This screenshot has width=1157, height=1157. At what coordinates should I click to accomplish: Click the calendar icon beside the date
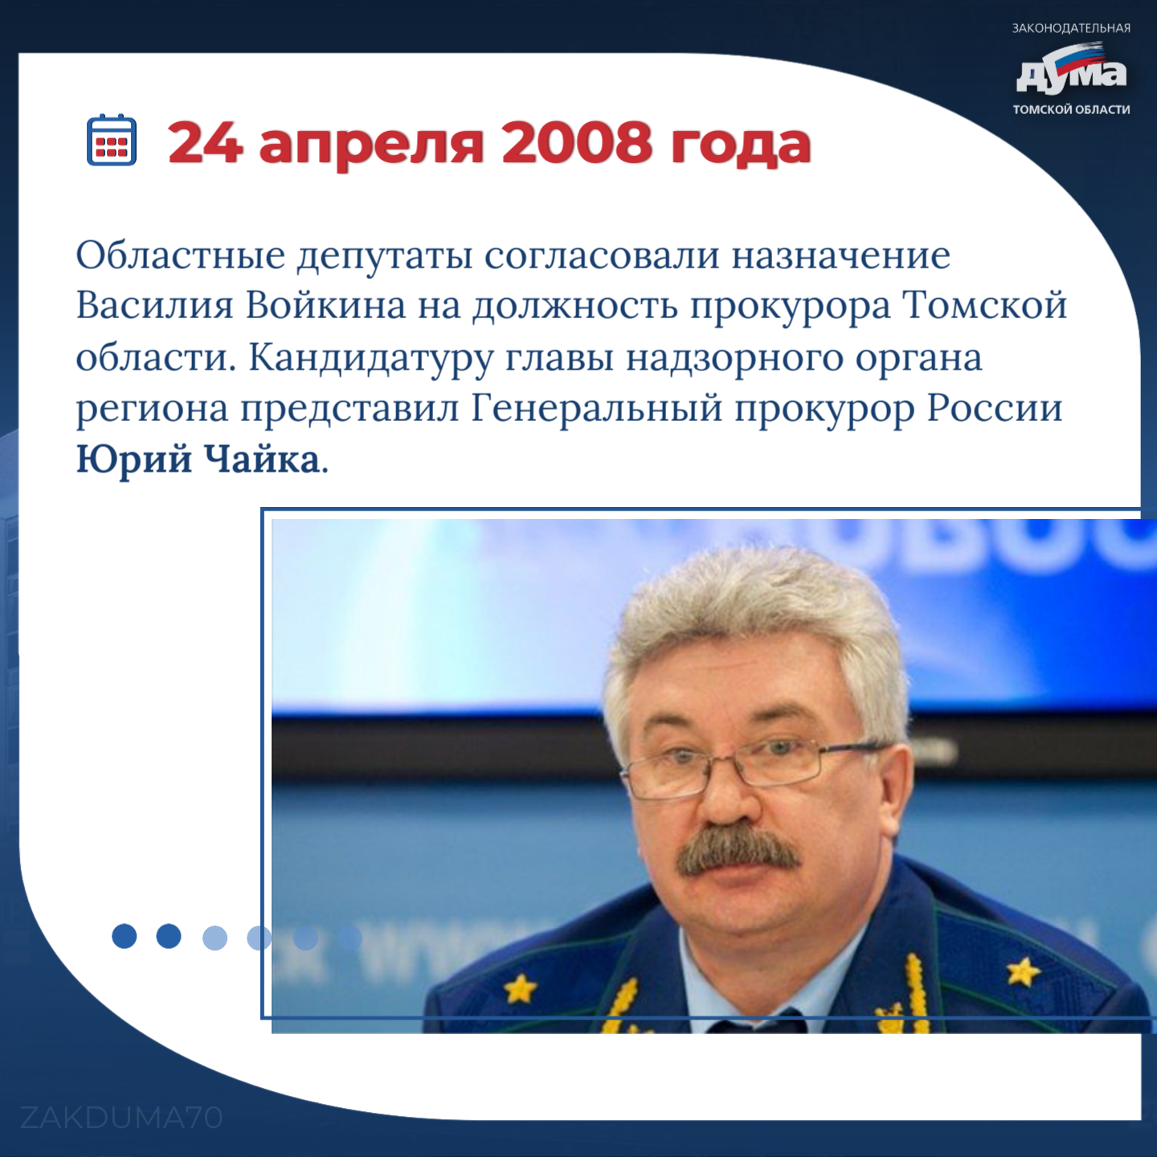tap(112, 139)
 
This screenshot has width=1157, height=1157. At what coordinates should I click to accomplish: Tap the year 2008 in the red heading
tap(576, 143)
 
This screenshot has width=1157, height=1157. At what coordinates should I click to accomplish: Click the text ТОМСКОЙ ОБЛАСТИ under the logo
tap(1071, 110)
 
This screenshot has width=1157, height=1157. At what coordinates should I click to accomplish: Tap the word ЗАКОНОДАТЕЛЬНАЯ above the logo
tap(1071, 28)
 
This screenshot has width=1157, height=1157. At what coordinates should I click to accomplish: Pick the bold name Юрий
tap(134, 461)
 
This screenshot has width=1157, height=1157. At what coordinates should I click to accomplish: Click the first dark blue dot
tap(125, 936)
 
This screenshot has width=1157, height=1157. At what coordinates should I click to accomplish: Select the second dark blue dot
tap(169, 936)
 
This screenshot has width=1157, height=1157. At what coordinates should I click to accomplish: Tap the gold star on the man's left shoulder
tap(1023, 971)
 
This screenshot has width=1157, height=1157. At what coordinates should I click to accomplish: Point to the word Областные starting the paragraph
tap(180, 256)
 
